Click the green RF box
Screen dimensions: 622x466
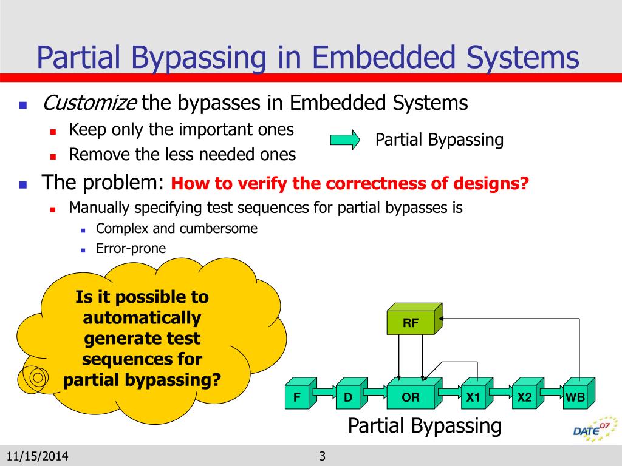414,319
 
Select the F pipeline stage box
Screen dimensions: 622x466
301,393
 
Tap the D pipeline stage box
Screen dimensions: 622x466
352,393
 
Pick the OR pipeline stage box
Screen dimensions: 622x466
414,393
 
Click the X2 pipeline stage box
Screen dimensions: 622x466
528,393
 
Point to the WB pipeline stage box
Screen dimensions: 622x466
579,393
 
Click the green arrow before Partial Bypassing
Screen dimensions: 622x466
345,140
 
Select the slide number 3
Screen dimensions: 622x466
322,456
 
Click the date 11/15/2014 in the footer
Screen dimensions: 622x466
37,456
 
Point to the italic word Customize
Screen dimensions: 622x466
90,103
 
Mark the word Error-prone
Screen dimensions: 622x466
131,248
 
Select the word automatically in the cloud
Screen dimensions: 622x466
142,318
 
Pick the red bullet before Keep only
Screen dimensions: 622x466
53,132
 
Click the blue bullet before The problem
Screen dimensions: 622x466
23,184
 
